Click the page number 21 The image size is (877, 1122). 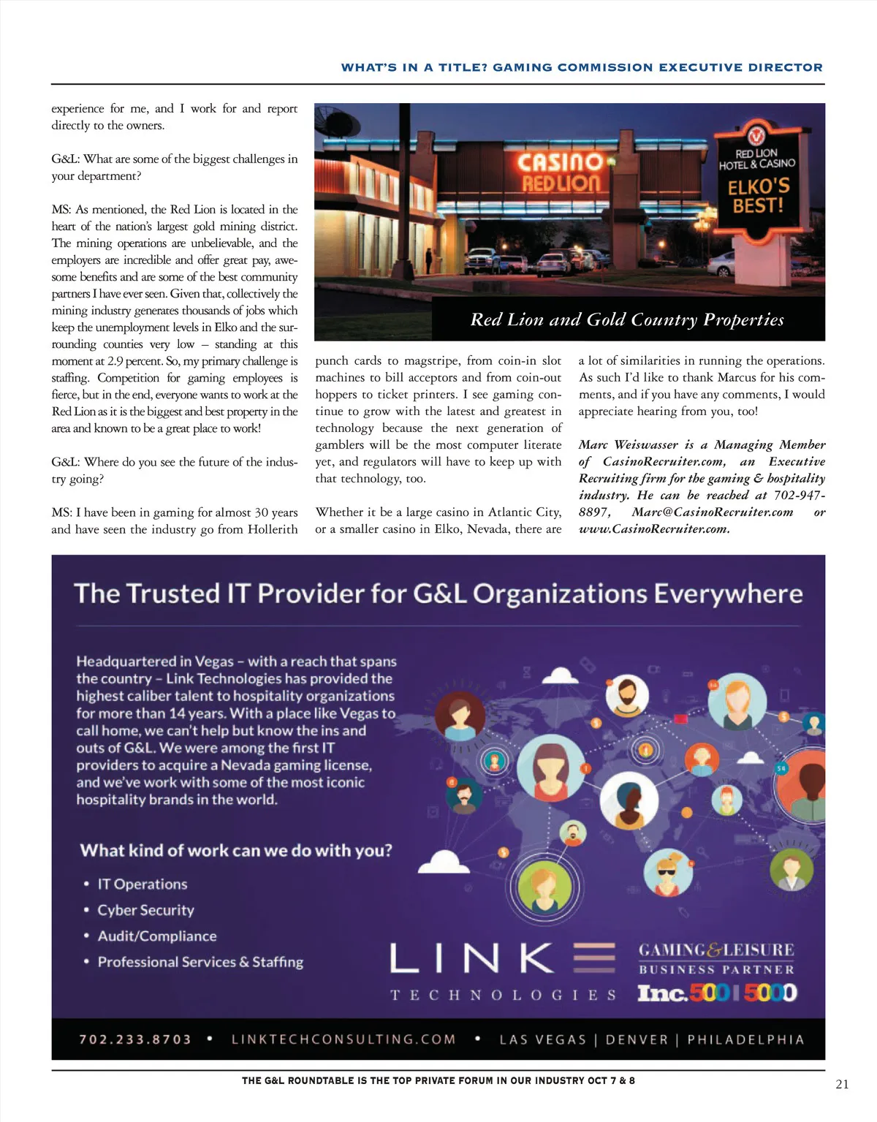(842, 1084)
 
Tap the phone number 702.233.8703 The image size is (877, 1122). (135, 1039)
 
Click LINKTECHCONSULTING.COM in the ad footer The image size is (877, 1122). (343, 1039)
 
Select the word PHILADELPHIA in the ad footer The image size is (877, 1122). (745, 1039)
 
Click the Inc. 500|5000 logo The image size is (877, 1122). (717, 993)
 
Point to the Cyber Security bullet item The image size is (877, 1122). (146, 910)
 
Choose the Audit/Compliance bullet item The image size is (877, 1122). (157, 936)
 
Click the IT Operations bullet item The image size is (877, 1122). (143, 884)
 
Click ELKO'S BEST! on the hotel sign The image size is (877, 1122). (758, 195)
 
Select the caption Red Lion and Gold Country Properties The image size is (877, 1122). (627, 319)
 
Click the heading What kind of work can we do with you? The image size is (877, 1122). (236, 851)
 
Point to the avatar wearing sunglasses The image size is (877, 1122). (667, 871)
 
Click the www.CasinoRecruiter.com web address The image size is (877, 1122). (654, 529)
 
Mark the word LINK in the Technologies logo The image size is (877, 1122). (471, 958)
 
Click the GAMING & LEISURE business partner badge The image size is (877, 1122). (716, 958)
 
